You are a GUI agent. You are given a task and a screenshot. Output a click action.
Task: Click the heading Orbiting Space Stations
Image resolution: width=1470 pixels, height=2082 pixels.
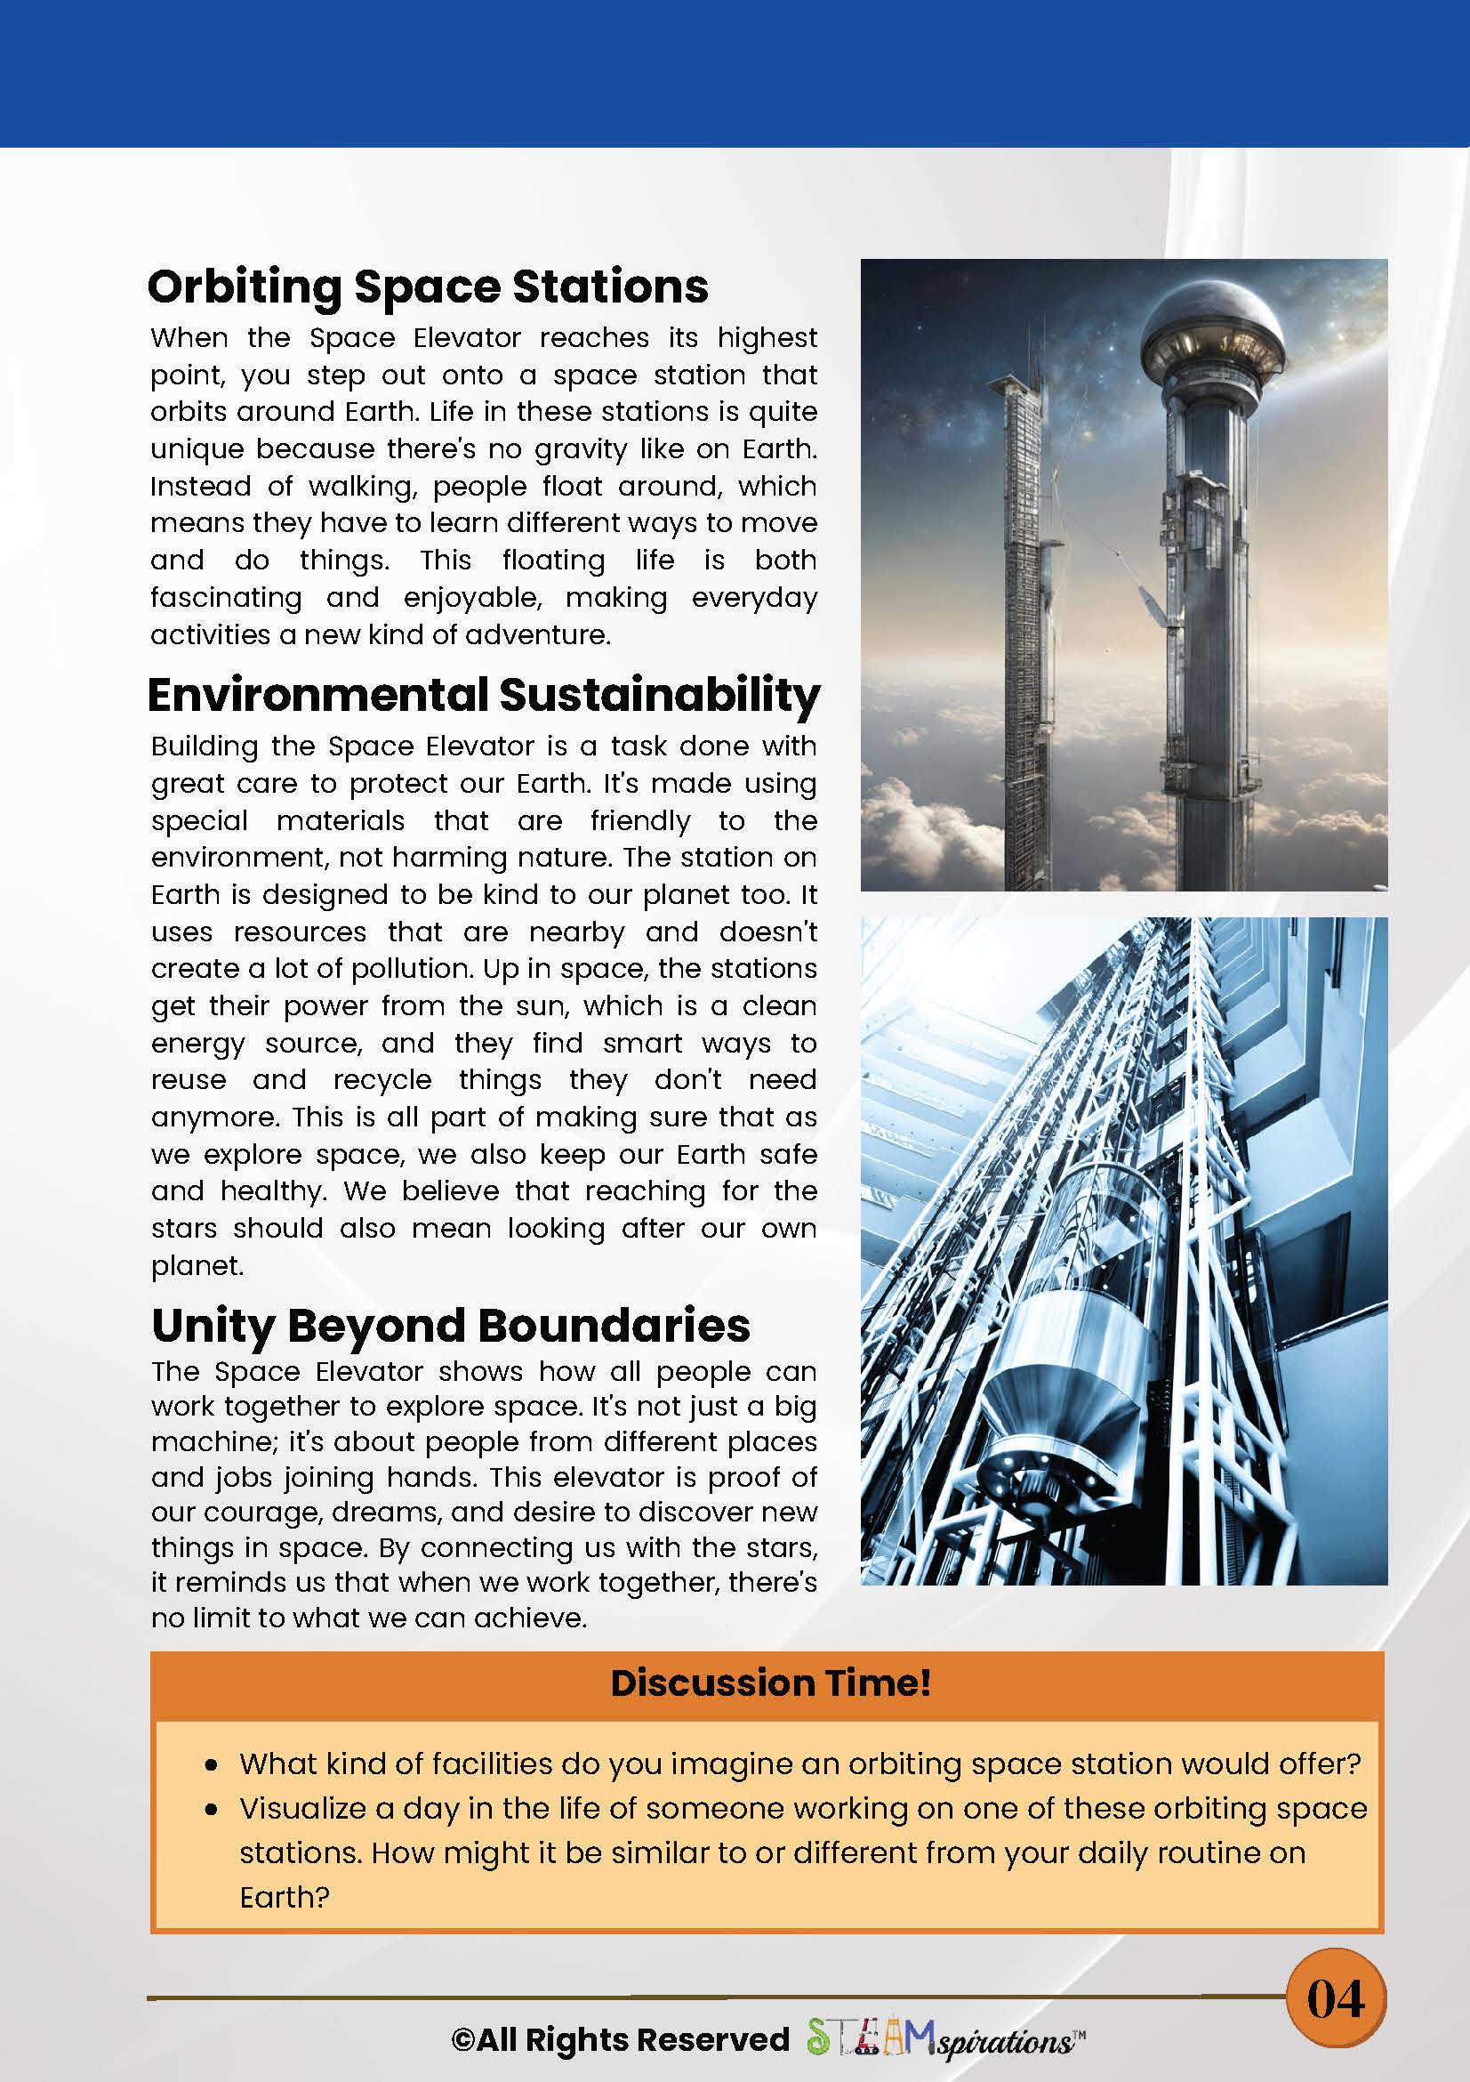(427, 286)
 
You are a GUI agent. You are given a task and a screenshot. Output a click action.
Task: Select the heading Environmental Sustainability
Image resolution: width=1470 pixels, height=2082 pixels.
(484, 695)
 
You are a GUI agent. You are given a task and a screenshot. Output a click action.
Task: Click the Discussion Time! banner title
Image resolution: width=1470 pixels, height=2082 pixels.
(770, 1683)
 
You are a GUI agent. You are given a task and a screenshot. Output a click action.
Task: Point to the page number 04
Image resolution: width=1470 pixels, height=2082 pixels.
(1335, 1997)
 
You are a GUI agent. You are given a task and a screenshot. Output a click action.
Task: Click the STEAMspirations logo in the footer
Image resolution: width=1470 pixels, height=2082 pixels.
(945, 2039)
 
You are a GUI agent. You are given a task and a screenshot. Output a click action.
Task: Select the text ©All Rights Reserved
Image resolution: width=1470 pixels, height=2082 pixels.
(620, 2039)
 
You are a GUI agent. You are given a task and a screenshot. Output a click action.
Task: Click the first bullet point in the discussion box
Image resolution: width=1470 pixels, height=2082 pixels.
(211, 1765)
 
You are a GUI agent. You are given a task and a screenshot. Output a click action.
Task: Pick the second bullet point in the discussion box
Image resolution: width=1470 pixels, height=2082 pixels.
(211, 1810)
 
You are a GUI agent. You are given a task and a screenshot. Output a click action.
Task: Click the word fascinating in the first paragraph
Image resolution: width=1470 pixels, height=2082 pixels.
(227, 598)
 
